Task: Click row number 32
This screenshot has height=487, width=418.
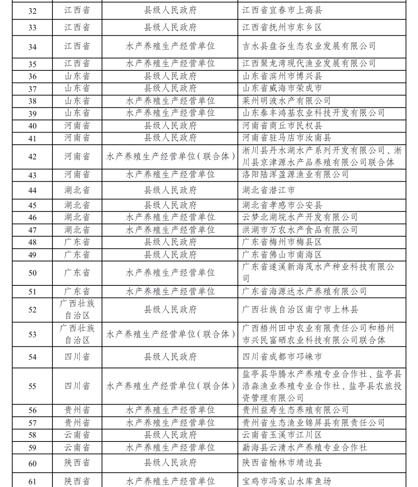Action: [33, 11]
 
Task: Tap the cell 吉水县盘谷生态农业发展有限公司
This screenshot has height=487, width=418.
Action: [309, 46]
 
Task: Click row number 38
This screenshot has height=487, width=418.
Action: [33, 101]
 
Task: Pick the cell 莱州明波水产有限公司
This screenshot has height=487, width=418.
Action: [286, 100]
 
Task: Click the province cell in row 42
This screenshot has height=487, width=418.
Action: [77, 156]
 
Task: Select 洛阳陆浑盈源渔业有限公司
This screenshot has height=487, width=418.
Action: [295, 174]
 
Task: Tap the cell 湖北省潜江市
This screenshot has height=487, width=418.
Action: [268, 190]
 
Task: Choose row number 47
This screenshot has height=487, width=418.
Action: [33, 230]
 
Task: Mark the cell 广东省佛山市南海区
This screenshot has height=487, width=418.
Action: [282, 255]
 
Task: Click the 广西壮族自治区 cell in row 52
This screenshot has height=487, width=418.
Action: [77, 310]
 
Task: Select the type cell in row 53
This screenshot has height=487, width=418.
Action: [170, 335]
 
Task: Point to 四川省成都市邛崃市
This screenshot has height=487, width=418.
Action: [282, 357]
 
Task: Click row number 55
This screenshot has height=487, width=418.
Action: [33, 386]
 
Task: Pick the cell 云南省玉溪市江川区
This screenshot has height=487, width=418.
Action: [282, 435]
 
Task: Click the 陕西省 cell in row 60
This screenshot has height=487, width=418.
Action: [77, 463]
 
